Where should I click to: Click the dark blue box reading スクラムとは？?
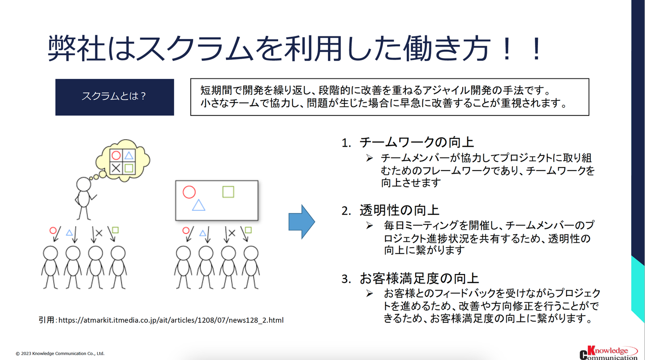click(x=114, y=97)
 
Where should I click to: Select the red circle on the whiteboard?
click(x=189, y=192)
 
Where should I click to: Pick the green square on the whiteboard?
click(x=228, y=192)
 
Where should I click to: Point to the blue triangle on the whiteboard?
click(x=198, y=205)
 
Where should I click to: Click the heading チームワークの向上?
click(x=417, y=142)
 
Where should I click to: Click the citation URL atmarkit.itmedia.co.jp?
click(x=171, y=320)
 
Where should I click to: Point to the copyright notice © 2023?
click(x=60, y=353)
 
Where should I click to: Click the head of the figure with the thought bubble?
click(x=83, y=184)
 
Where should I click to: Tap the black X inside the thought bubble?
click(x=116, y=168)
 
